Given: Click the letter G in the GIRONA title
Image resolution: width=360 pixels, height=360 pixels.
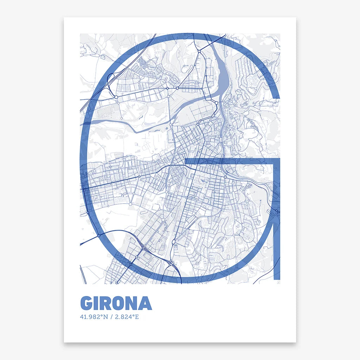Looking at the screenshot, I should click(88, 303).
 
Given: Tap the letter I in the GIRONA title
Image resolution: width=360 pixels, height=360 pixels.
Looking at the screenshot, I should click(99, 303).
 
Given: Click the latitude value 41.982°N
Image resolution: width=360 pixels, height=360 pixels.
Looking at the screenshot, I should click(94, 317).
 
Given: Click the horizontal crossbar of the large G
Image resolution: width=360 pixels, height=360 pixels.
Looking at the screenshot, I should click(229, 161).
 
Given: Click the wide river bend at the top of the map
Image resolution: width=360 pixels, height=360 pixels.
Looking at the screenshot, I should click(222, 70).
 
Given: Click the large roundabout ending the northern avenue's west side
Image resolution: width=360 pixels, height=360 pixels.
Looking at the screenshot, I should click(116, 97).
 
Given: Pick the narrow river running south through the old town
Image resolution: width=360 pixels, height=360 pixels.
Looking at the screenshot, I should click(223, 134).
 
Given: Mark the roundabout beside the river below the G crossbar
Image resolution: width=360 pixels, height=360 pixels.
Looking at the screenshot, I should click(225, 177).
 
